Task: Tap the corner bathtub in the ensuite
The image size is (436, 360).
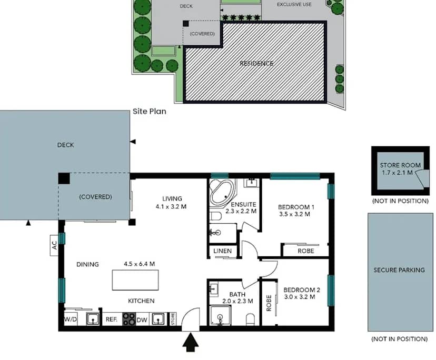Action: coord(223,194)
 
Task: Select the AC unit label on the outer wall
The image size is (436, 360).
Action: coord(54,245)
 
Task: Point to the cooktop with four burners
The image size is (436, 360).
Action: coord(129,319)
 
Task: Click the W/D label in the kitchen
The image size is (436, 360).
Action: coord(71,319)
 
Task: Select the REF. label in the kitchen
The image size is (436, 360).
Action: coord(111,319)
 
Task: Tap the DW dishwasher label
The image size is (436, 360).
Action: coord(142,319)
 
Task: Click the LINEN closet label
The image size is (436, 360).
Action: coord(223,251)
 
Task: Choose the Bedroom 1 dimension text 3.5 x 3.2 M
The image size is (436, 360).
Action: coord(294,214)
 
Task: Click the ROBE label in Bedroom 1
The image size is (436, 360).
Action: coord(305,251)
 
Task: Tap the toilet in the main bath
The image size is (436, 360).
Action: coord(251,319)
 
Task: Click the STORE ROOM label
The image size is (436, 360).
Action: coord(400,165)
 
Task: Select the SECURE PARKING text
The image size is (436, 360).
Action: coord(399,270)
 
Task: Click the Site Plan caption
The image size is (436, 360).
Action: coord(149,112)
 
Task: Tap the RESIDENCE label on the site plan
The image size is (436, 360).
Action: coord(256,64)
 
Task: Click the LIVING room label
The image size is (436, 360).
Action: coord(172,198)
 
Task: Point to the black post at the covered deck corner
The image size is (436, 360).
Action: coord(64,178)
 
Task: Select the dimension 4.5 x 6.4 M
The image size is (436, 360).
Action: coord(139,264)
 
